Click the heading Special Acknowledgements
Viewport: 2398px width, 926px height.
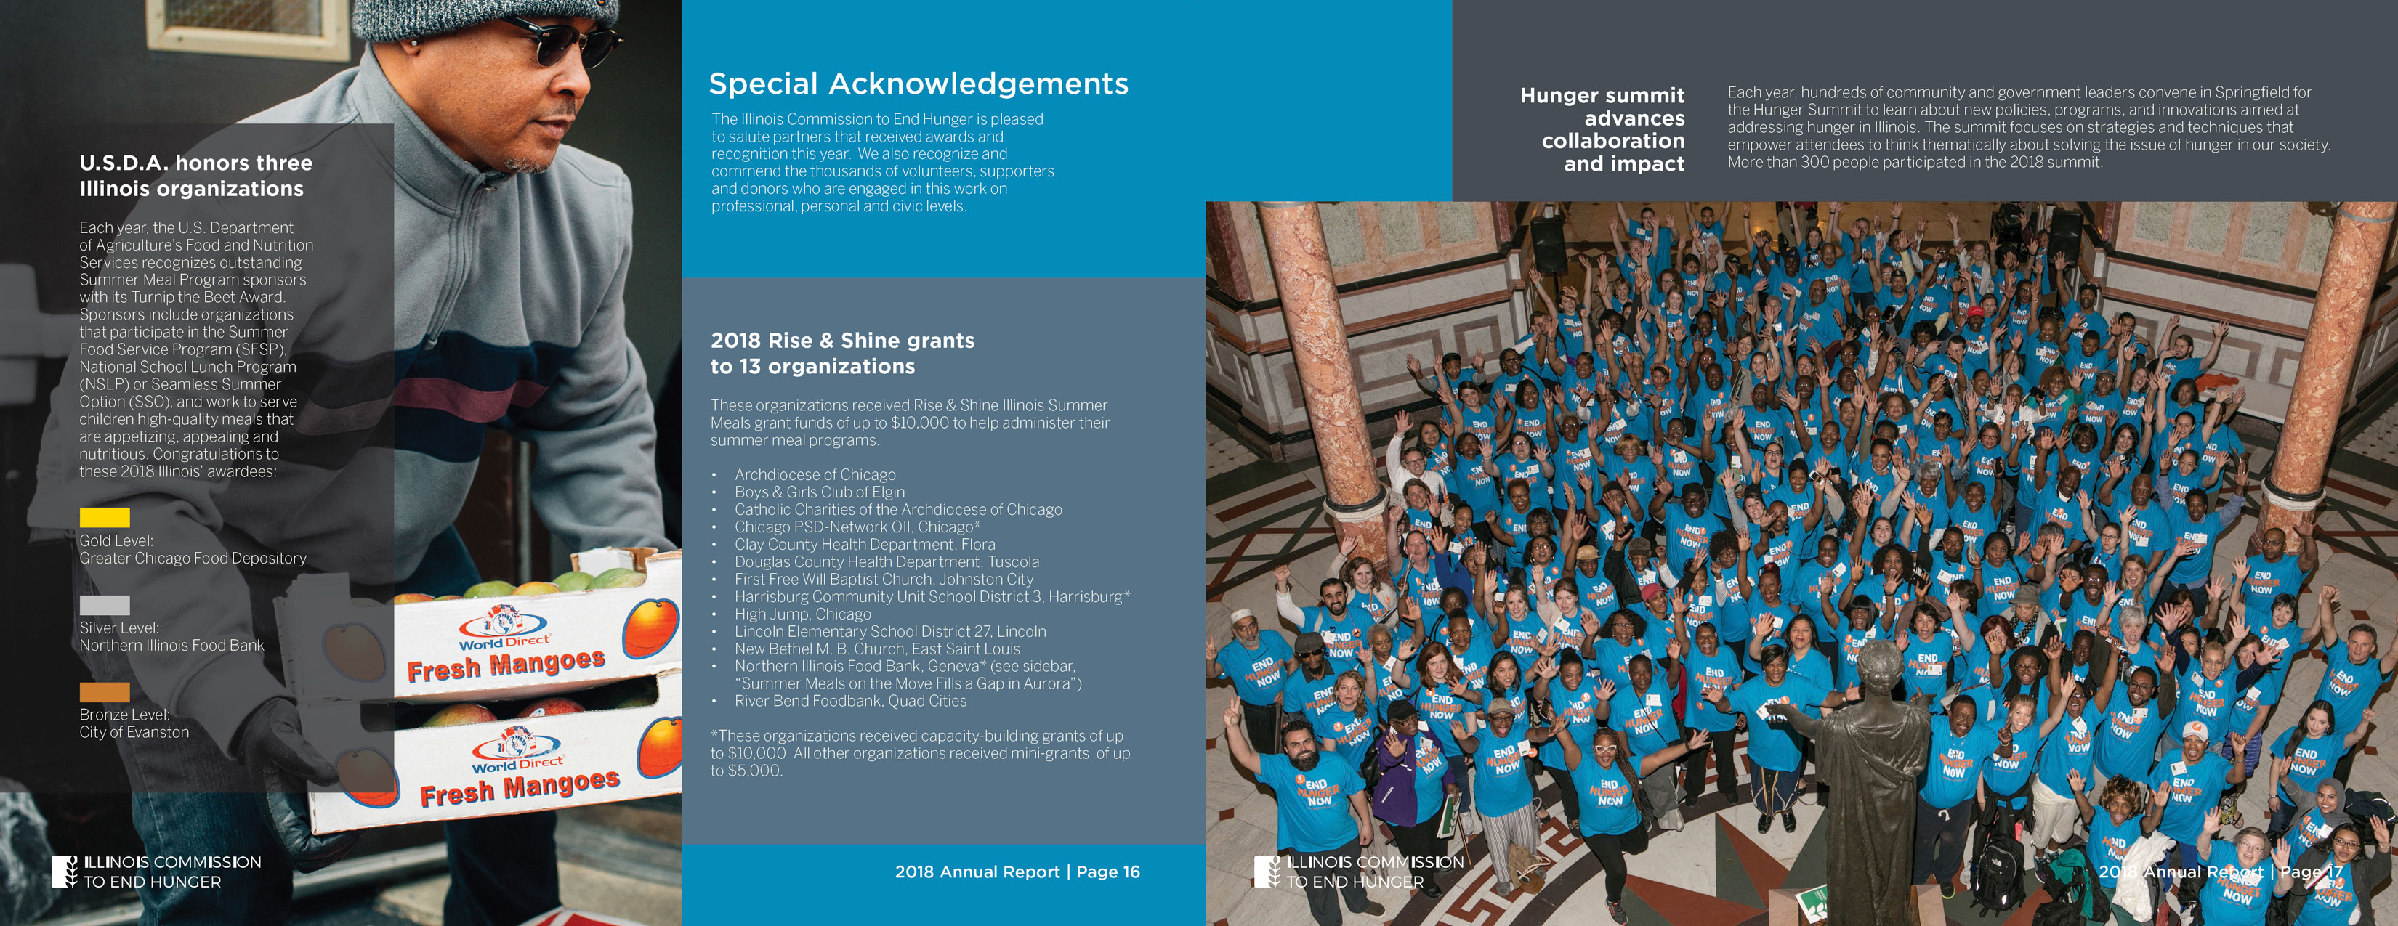click(918, 84)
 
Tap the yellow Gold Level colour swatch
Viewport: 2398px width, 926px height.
click(104, 517)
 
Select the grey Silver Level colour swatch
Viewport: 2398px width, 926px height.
click(104, 605)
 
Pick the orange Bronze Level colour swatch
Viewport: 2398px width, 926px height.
click(104, 691)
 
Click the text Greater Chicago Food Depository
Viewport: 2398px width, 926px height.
click(193, 559)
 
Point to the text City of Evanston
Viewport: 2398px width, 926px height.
click(134, 732)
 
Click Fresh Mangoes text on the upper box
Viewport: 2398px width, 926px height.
click(506, 665)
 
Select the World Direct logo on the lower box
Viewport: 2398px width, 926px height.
click(517, 752)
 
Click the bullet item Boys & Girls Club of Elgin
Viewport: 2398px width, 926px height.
click(819, 492)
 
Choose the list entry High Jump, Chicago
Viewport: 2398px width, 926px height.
click(802, 614)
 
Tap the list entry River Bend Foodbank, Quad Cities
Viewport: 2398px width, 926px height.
click(850, 702)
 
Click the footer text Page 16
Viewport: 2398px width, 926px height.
click(1107, 872)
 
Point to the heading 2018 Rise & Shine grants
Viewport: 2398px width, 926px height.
click(842, 341)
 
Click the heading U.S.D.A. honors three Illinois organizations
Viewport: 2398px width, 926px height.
click(195, 176)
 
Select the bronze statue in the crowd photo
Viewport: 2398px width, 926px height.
click(1871, 773)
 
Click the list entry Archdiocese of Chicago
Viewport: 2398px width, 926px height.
click(815, 475)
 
